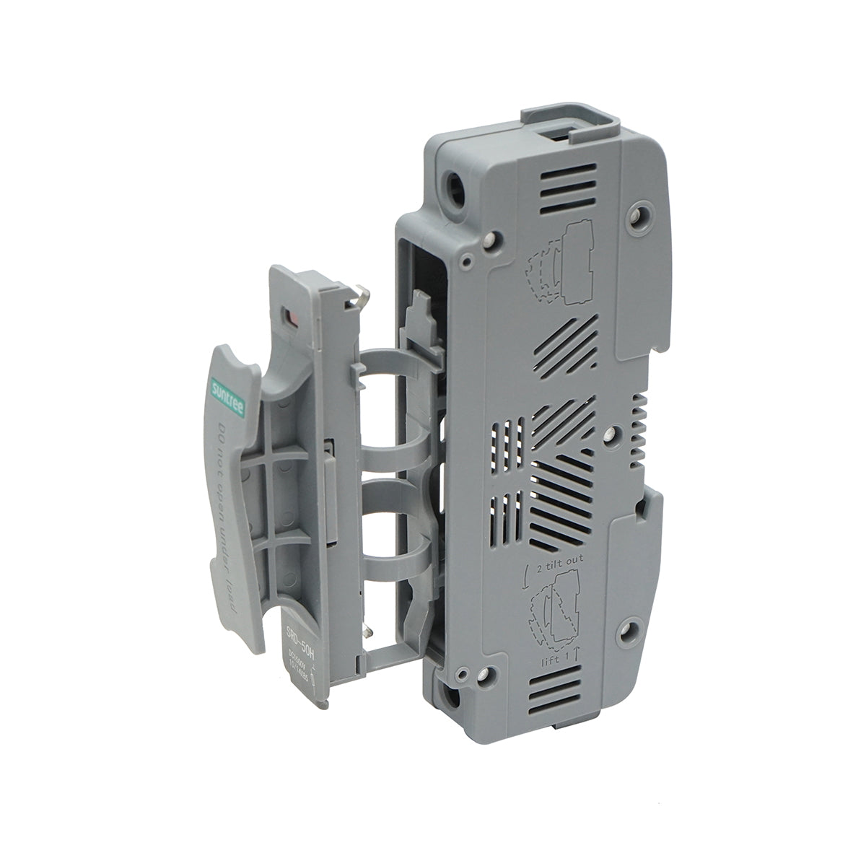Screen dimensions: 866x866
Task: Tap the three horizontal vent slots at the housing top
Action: (x=571, y=188)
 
